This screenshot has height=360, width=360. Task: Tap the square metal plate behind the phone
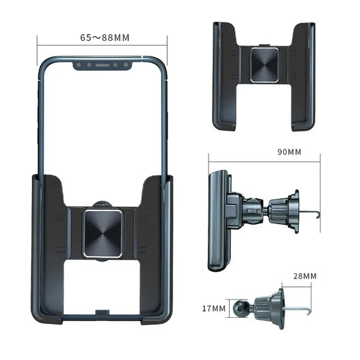click(x=103, y=232)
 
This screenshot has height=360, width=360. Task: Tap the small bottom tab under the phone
click(x=103, y=312)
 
